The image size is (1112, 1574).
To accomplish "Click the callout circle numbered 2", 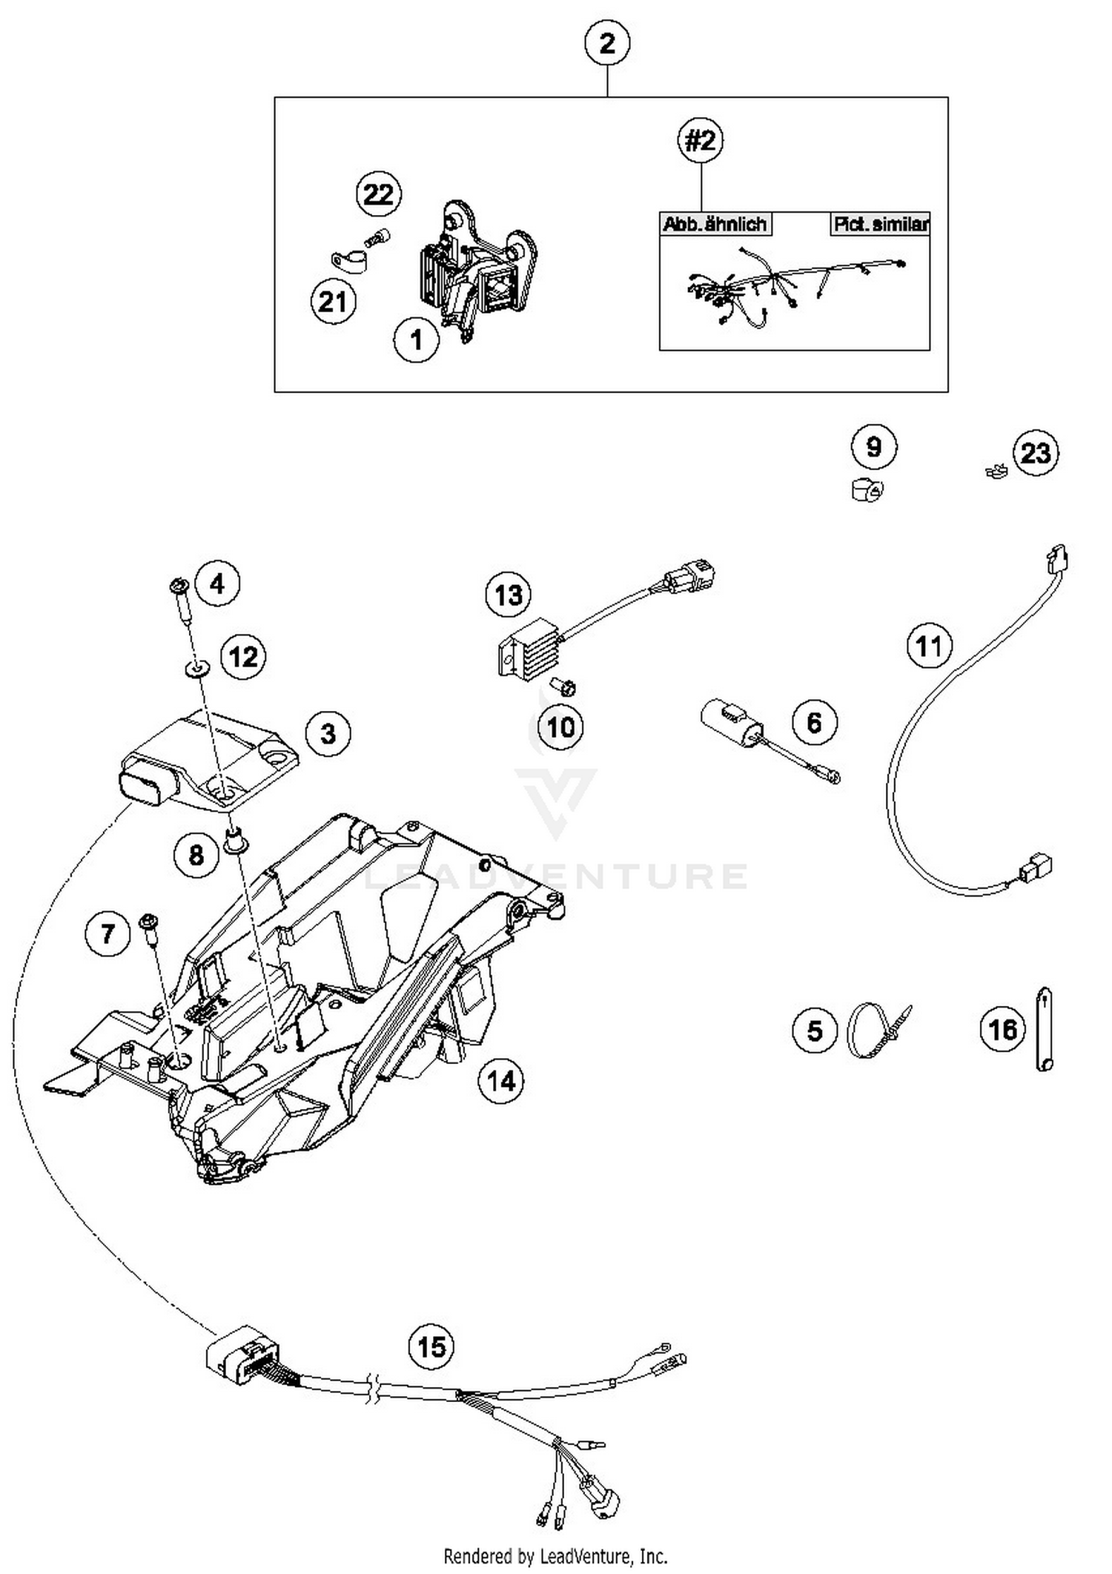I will [x=606, y=43].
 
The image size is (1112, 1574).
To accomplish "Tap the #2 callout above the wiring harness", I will [x=701, y=139].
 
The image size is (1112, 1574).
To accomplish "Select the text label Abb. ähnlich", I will [x=715, y=224].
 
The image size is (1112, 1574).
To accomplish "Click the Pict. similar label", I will [x=880, y=224].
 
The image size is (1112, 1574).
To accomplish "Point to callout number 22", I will [x=378, y=194].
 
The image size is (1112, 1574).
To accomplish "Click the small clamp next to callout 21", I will [x=348, y=261].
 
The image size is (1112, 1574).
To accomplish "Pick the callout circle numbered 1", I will [x=416, y=340].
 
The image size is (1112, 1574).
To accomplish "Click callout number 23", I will [x=1035, y=452].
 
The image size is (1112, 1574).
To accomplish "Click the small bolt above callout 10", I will [x=565, y=687].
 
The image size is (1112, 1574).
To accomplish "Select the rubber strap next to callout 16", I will [x=1044, y=1028].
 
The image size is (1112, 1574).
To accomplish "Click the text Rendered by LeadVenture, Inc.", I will [x=555, y=1555].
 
